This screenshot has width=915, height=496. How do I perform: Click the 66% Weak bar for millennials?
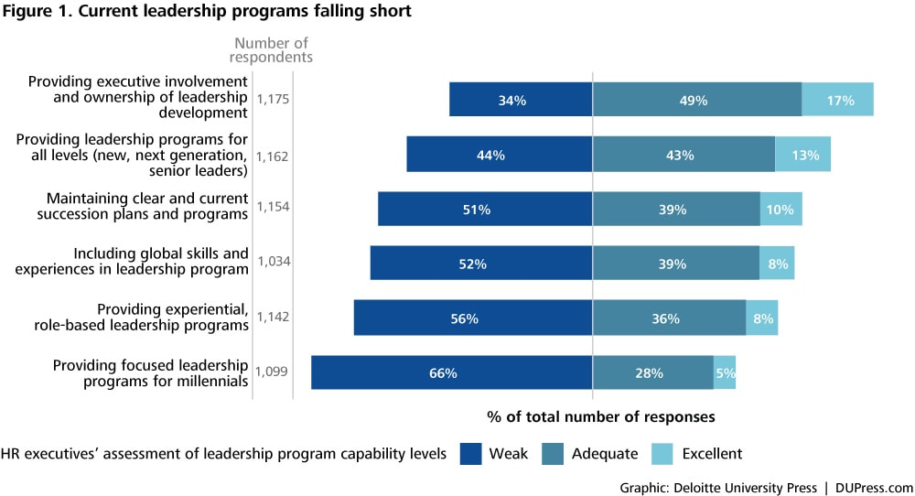tap(451, 373)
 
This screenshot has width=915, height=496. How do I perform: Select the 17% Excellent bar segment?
tap(837, 100)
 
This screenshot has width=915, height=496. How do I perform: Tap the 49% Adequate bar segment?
tap(696, 100)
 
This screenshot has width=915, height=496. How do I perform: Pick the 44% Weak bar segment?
tap(500, 155)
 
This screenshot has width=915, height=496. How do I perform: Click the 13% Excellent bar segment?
tap(802, 155)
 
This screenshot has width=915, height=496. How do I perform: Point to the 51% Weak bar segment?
tap(485, 210)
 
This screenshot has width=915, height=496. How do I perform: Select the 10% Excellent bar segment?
tap(780, 210)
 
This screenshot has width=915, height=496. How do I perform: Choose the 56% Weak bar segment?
tap(473, 318)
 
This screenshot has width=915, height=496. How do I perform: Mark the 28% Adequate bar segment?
tap(652, 373)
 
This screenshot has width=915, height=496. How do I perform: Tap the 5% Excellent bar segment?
tap(724, 373)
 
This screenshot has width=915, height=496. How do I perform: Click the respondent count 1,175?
tap(273, 99)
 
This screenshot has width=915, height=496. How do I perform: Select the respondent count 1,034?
tap(273, 264)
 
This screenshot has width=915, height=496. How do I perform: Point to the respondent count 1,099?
tap(273, 372)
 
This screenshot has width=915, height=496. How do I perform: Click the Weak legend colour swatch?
tap(469, 453)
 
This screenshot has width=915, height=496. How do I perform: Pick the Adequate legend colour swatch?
tap(553, 453)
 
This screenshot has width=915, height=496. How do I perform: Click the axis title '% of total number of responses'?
tap(600, 416)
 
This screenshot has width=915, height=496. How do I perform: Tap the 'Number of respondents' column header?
tap(271, 49)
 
